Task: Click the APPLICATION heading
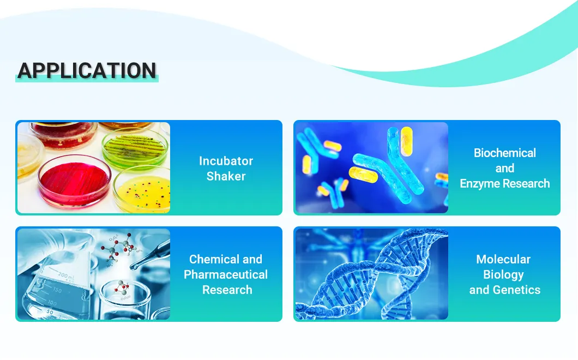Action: [87, 71]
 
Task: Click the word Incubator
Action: [226, 161]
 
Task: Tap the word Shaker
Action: [226, 176]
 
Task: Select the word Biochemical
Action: [504, 153]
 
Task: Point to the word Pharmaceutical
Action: [226, 274]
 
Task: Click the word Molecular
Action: [503, 259]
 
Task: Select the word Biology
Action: [503, 274]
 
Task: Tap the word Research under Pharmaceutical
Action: [227, 290]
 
